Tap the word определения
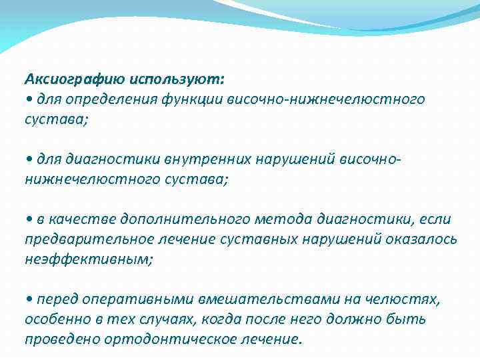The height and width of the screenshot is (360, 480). tap(107, 100)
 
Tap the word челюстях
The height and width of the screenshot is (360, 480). tap(403, 299)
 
